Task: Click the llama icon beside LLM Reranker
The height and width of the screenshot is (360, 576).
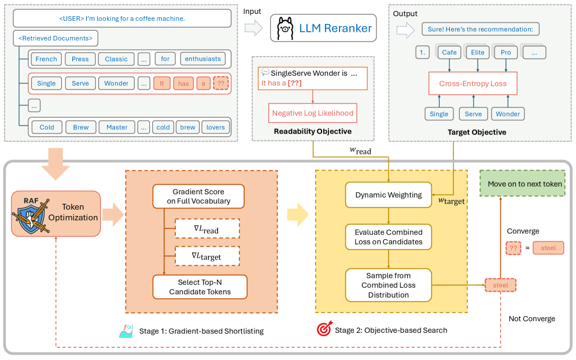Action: click(285, 28)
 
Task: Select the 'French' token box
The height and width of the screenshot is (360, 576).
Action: click(46, 59)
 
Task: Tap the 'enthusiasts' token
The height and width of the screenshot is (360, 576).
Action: click(203, 59)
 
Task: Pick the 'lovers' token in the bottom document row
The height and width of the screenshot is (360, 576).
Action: click(216, 127)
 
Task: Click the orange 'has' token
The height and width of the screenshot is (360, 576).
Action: click(183, 84)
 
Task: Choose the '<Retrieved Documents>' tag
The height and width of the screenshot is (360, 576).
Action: click(56, 38)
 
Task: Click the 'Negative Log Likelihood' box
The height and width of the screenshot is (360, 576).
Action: click(313, 113)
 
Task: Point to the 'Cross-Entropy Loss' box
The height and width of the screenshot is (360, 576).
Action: click(473, 83)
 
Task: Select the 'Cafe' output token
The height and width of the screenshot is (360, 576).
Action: click(449, 53)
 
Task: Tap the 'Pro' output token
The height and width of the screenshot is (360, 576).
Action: click(505, 53)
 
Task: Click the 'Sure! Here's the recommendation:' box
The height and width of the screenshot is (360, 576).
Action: click(481, 29)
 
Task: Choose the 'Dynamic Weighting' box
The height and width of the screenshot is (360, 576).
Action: click(388, 195)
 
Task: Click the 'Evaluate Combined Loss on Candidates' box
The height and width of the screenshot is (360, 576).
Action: click(388, 237)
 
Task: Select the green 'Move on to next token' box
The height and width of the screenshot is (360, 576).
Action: click(522, 184)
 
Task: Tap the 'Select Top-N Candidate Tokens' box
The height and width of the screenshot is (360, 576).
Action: click(200, 287)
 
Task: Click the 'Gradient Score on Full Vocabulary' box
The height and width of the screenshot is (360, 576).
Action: click(198, 196)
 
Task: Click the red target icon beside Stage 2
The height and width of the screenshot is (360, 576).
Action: click(324, 329)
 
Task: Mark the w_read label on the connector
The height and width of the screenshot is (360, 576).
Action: click(360, 151)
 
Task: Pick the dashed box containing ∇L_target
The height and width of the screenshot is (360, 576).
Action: click(208, 256)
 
